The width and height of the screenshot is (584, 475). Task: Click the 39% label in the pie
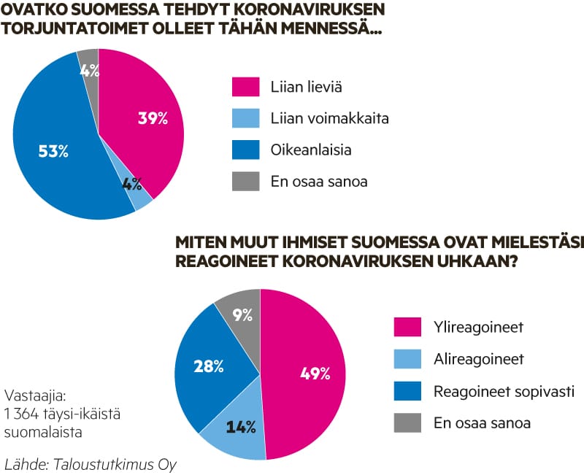point(153,118)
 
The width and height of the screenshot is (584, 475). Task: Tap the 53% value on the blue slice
point(53,151)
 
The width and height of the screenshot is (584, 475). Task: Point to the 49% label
point(315,374)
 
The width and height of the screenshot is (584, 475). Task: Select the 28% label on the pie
point(208,366)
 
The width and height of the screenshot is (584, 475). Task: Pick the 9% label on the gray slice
point(242,315)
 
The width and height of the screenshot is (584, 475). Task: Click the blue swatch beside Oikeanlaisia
point(246,150)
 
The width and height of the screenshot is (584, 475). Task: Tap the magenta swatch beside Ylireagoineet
point(408,328)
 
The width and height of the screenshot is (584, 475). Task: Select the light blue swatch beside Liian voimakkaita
point(246,118)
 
